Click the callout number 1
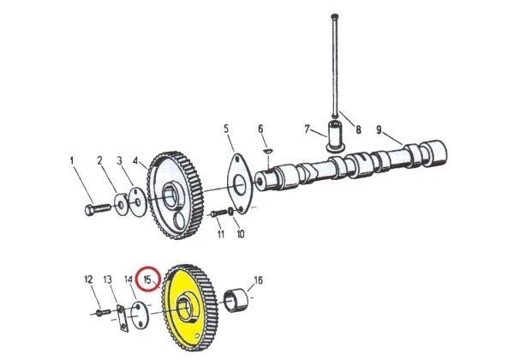tap(72, 161)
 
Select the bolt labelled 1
tap(98, 209)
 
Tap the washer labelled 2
tap(122, 205)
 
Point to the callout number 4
tap(135, 161)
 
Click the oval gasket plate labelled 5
tap(240, 184)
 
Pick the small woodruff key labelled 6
tap(267, 151)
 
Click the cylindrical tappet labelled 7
tap(335, 136)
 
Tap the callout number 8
tap(358, 129)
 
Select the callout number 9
tap(379, 130)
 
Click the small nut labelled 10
tap(231, 212)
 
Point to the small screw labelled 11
tap(218, 213)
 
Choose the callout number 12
tap(88, 279)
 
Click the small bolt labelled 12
tap(103, 313)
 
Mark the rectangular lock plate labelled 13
tap(123, 318)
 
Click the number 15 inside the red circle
tap(147, 280)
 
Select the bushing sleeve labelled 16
tap(236, 300)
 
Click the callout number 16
tap(259, 280)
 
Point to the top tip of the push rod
tap(334, 15)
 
